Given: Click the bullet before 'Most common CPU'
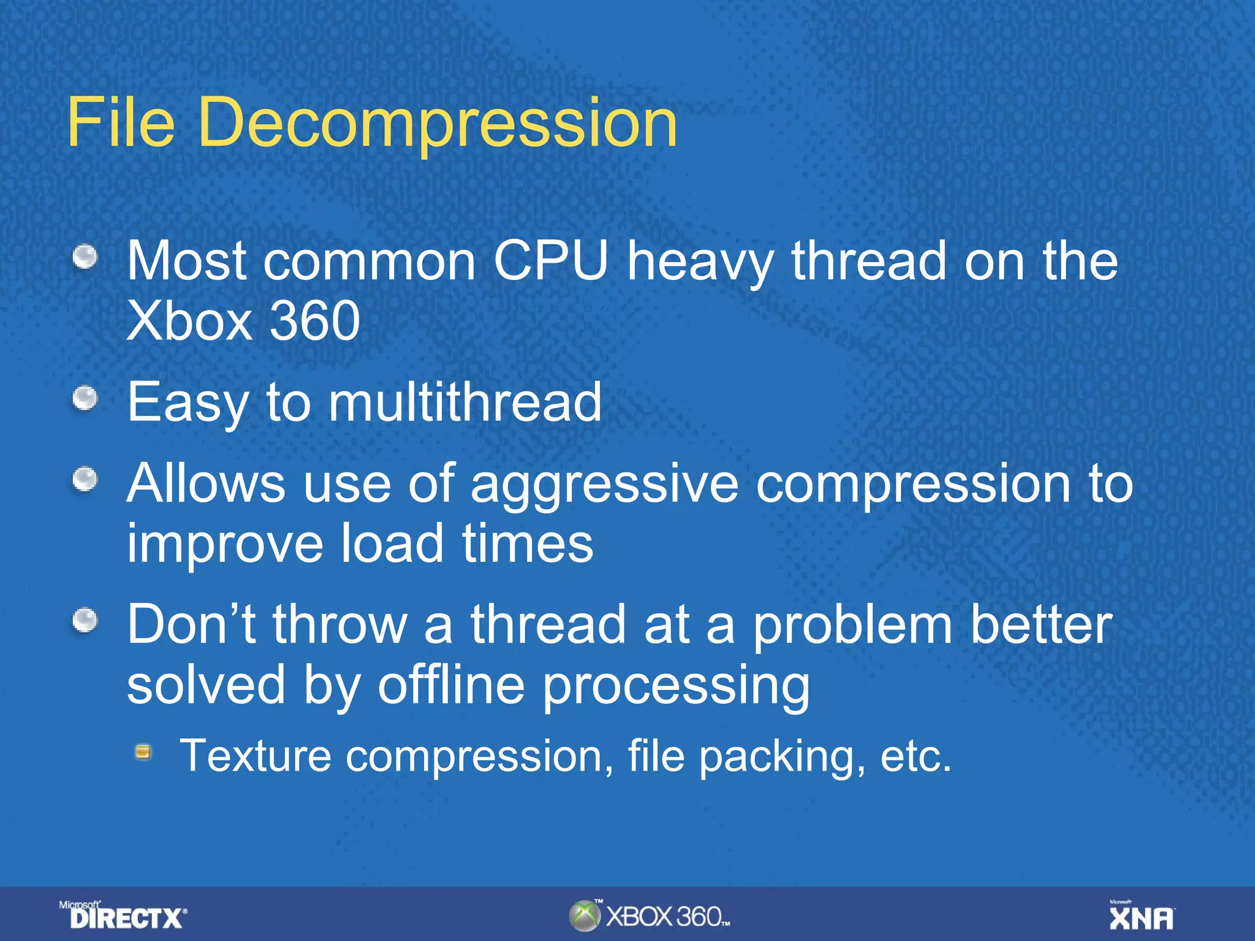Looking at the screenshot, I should tap(85, 257).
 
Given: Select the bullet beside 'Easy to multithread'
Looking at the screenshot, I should tap(85, 399).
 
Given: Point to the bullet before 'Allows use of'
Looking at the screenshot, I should tap(85, 480).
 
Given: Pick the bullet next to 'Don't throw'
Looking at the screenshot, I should tap(85, 621).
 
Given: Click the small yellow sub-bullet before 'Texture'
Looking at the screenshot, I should tap(143, 752).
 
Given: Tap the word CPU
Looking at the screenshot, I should tap(550, 261).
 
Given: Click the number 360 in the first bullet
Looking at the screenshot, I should tap(315, 321).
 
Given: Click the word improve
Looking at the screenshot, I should tap(224, 543).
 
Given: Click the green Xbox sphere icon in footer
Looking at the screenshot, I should tap(584, 916).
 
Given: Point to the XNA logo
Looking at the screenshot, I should tap(1142, 916).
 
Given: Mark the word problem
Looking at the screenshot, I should tap(852, 627).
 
